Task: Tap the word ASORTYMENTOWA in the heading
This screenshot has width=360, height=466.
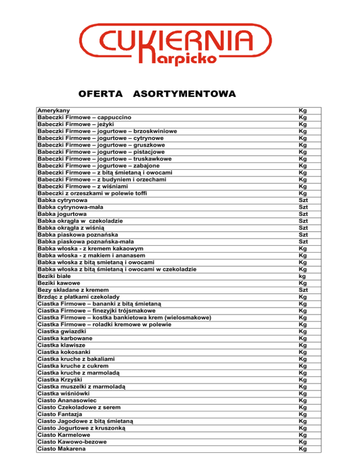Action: point(184,95)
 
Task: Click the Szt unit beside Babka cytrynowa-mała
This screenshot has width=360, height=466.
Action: point(303,207)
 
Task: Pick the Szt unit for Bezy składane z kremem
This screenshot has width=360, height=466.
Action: point(303,290)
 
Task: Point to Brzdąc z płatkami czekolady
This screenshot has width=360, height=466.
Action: point(78,297)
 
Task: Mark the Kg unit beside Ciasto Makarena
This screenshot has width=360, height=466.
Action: point(303,449)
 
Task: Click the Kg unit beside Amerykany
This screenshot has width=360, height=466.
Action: point(303,110)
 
